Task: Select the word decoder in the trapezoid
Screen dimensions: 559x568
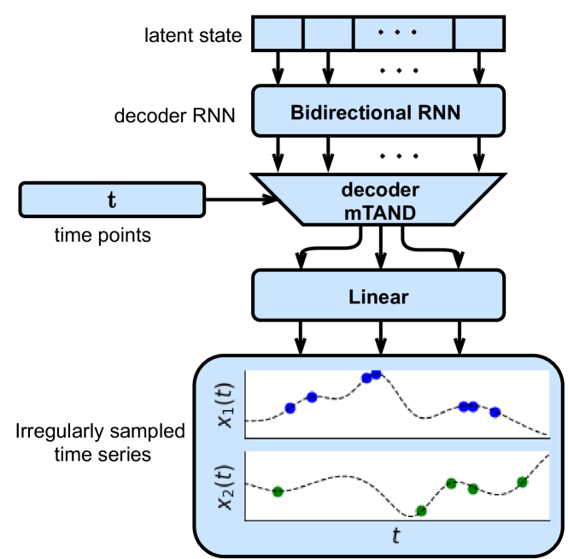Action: pos(378,190)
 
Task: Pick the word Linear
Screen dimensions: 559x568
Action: pos(378,297)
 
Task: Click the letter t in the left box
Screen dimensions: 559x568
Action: pos(111,200)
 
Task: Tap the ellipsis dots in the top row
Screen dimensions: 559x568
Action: pos(397,33)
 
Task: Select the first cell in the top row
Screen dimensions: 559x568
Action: pos(278,33)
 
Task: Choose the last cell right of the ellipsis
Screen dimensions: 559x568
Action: pos(478,33)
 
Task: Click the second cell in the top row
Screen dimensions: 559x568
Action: pos(328,33)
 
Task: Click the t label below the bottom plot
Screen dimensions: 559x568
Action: pos(395,537)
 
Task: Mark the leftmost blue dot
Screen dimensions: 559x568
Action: pos(290,408)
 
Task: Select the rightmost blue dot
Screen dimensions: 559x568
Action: pos(495,412)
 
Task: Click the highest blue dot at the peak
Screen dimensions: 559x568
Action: pos(376,374)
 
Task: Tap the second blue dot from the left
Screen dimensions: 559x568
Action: pos(312,397)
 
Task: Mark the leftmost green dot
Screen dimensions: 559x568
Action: pos(277,491)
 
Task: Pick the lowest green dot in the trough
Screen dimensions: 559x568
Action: pos(420,511)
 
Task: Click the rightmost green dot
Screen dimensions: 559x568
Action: pos(522,482)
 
